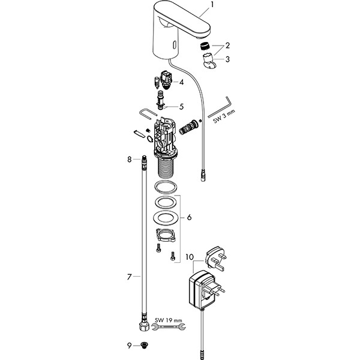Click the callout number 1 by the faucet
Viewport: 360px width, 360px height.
click(212, 5)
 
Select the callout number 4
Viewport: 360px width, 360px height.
click(181, 82)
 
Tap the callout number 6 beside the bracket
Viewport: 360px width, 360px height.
click(189, 217)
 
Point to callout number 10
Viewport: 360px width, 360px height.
click(190, 257)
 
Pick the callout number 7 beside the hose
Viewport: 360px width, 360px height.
click(130, 277)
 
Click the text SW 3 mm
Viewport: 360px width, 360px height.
click(224, 116)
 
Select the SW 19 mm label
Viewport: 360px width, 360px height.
click(168, 320)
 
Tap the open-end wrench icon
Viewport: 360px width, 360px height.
click(168, 326)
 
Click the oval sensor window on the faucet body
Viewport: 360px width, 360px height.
click(175, 44)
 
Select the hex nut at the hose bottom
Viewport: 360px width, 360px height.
click(144, 326)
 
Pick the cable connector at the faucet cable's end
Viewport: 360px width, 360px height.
click(203, 176)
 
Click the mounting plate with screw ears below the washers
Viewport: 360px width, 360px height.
click(166, 235)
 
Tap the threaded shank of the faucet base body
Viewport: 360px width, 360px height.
click(166, 168)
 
